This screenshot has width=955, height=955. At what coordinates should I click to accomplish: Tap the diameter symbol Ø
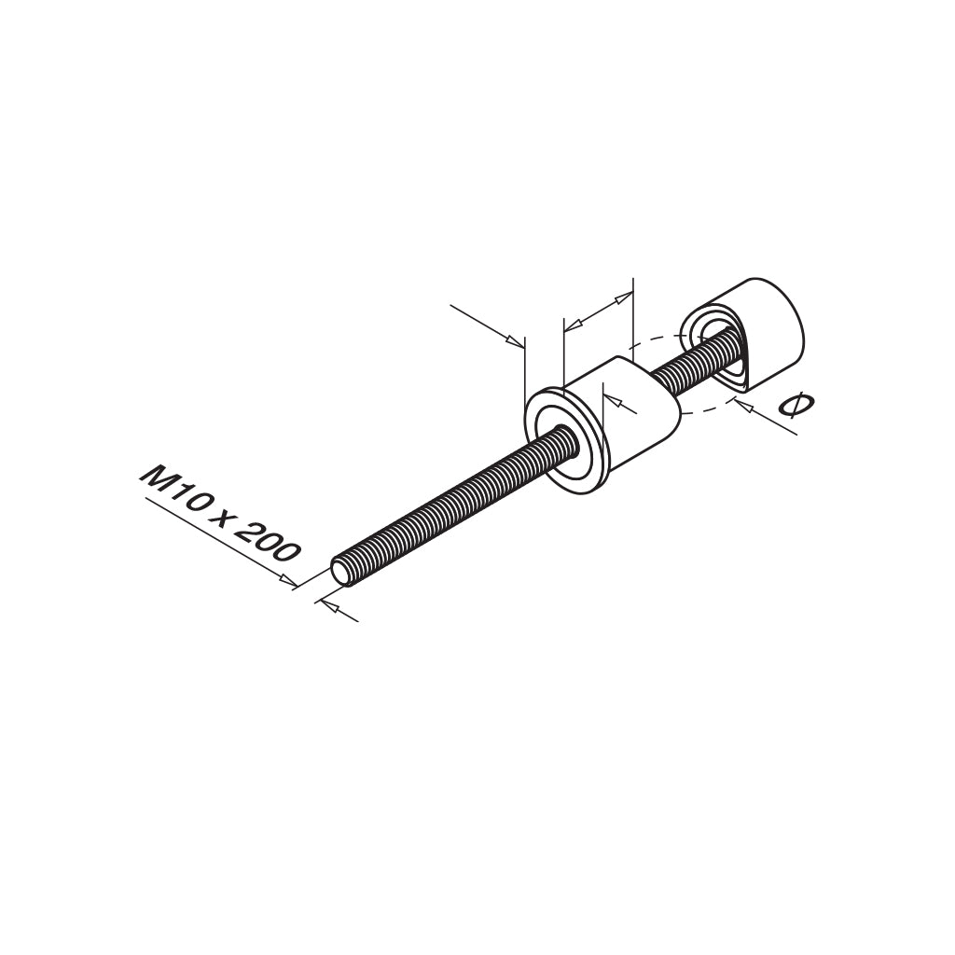796,408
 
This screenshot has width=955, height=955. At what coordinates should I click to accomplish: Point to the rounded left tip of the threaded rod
341,572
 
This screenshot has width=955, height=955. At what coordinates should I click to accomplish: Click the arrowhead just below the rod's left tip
325,605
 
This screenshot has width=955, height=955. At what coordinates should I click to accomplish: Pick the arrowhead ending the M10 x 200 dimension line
289,582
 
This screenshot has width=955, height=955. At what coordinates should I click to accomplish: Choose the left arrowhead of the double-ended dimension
573,324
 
